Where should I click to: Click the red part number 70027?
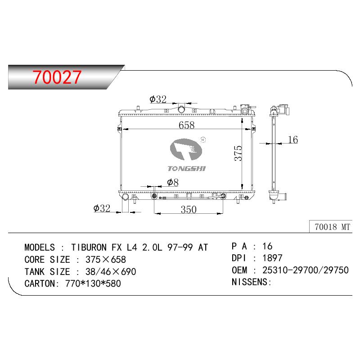tap(57, 77)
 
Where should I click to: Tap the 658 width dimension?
tap(186, 125)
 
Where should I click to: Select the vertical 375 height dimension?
tap(238, 153)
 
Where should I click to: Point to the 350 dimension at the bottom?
tap(189, 209)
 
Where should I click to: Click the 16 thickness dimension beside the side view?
tap(293, 139)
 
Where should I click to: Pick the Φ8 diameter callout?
tap(173, 183)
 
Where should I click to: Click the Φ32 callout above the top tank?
tap(158, 99)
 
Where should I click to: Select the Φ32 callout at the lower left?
tap(102, 208)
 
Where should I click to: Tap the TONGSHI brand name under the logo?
tap(186, 169)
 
